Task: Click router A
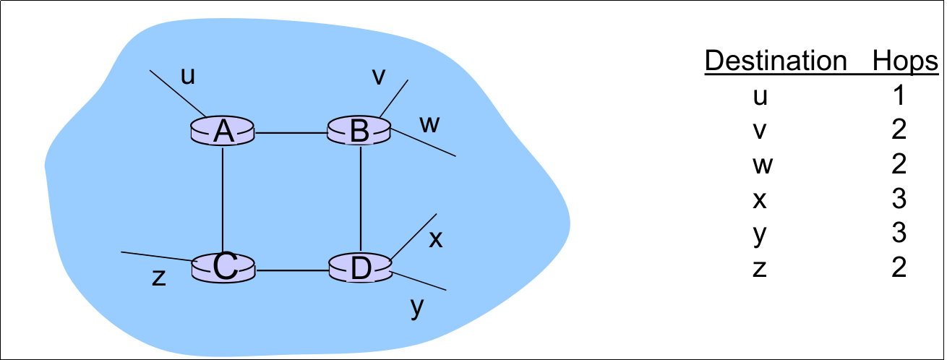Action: [x=223, y=132]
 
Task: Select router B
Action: [x=359, y=131]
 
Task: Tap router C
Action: [x=224, y=268]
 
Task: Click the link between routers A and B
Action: [x=291, y=133]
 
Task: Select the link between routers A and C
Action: [x=223, y=199]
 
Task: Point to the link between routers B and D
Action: [x=360, y=199]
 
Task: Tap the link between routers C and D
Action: [x=291, y=272]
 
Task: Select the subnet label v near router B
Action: [x=379, y=77]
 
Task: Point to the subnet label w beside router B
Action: [x=429, y=124]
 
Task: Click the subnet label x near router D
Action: [x=435, y=239]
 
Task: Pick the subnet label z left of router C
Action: [x=159, y=278]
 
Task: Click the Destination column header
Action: [x=775, y=61]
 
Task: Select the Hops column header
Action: [x=904, y=61]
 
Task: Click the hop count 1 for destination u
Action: [x=899, y=96]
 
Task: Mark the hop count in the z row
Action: [x=899, y=269]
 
